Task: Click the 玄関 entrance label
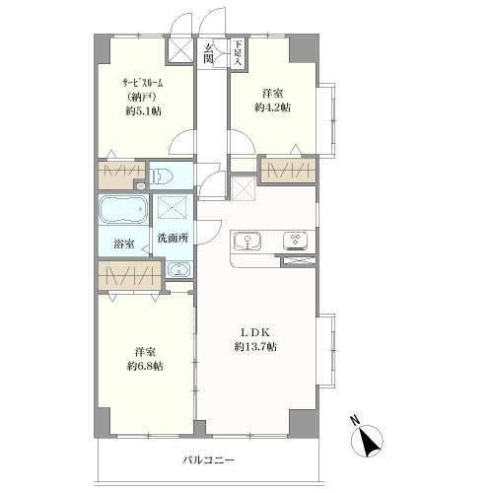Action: coord(208,53)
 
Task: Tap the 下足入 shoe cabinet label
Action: coord(238,52)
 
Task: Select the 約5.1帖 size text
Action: coord(143,111)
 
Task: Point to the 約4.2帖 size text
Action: coord(273,107)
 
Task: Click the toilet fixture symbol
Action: coord(161,176)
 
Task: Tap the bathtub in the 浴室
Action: coord(123,209)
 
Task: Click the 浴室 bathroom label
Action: coord(124,245)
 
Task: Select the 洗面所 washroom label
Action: coord(173,238)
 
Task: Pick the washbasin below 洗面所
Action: coord(178,270)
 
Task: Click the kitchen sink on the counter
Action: coord(247,241)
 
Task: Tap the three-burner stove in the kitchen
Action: coord(295,241)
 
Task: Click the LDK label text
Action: coord(255,332)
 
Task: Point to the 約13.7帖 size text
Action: coord(255,347)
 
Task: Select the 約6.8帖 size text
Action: coord(145,366)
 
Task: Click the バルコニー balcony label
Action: coord(208,459)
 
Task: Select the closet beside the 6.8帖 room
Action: coord(130,275)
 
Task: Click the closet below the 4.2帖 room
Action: coord(289,171)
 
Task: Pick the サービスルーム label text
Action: coord(143,83)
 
